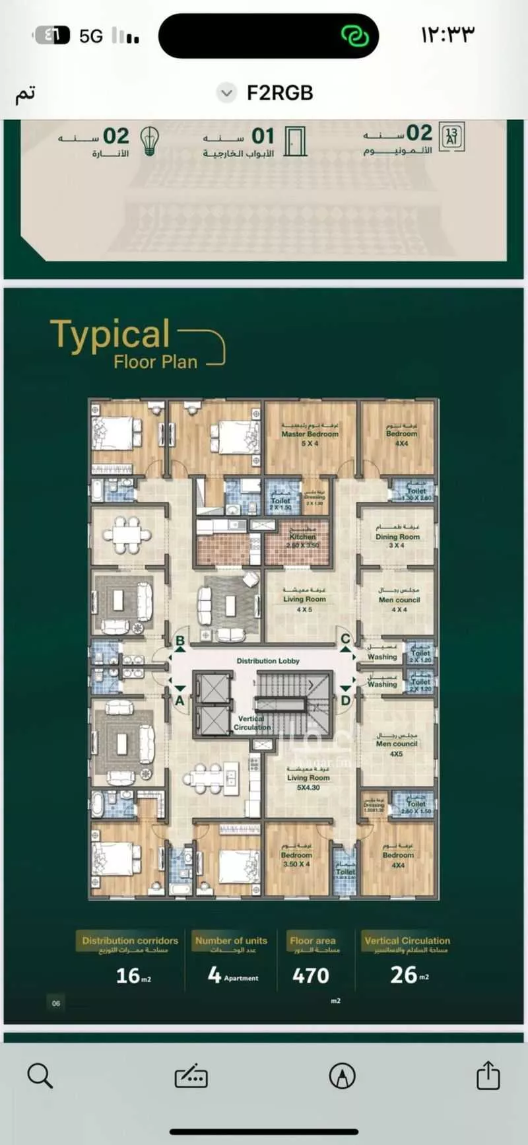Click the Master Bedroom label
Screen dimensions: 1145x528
click(310, 434)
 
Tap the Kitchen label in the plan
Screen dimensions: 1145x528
click(302, 538)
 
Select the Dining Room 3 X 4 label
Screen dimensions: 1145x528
click(397, 538)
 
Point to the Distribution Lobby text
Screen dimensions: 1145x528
click(268, 660)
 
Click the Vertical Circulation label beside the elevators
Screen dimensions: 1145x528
click(251, 722)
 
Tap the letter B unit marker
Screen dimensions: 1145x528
click(180, 641)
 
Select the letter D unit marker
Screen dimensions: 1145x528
click(345, 701)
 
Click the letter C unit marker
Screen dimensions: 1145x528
click(345, 639)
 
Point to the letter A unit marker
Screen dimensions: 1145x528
click(180, 701)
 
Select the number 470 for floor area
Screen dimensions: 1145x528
click(310, 975)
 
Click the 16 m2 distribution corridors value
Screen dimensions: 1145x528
click(133, 975)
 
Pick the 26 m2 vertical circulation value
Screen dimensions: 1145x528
click(409, 975)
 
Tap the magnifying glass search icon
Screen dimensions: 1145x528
click(40, 1076)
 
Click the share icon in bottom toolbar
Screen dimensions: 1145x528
click(488, 1075)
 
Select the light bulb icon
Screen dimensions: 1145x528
click(150, 141)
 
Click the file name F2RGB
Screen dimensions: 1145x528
click(280, 93)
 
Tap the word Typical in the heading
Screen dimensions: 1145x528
click(110, 334)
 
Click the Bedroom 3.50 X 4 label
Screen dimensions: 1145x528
click(296, 859)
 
